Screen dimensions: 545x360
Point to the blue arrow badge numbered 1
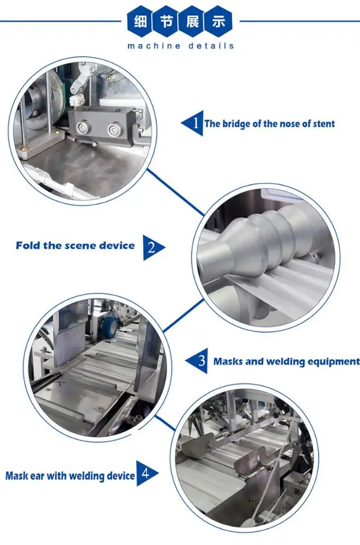pos(192,123)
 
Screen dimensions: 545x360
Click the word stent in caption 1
pos(324,124)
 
